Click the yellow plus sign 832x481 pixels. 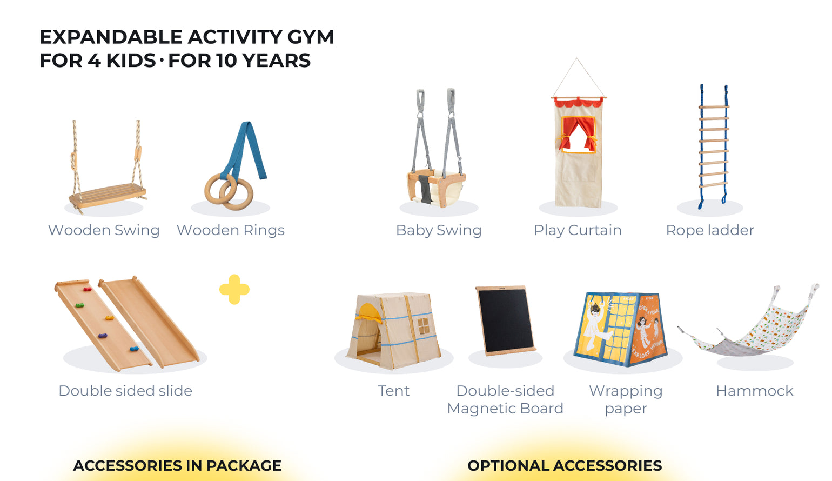(x=234, y=290)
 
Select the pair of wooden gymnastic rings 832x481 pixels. (x=229, y=191)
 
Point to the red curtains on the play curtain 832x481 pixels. (x=578, y=132)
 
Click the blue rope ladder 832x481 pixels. (x=713, y=146)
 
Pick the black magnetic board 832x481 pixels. (x=505, y=320)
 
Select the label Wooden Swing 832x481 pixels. (x=104, y=230)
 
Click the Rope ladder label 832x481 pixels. (x=710, y=230)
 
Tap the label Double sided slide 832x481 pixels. (x=125, y=391)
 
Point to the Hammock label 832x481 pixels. (x=754, y=391)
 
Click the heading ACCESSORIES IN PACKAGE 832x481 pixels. (x=177, y=465)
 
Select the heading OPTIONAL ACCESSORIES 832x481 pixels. (x=565, y=465)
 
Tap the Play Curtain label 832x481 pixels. (x=578, y=230)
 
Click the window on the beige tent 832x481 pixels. (x=424, y=326)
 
